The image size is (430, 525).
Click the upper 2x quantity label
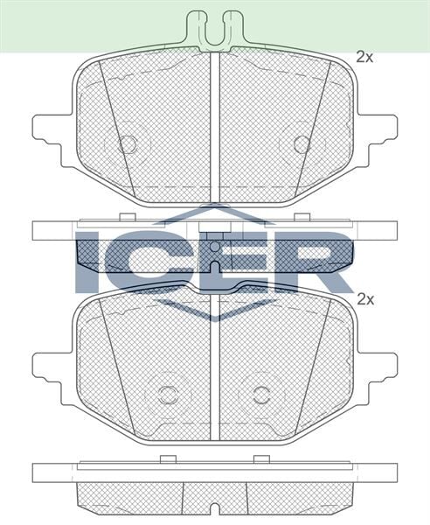point(364,58)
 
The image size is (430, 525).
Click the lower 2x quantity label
point(364,298)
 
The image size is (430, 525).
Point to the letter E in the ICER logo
point(228,261)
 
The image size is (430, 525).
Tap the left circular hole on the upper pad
point(128,143)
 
